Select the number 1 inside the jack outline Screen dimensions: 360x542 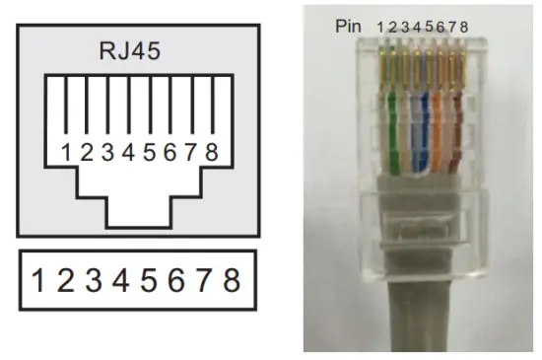pos(65,153)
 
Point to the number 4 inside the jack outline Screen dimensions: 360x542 pos(126,153)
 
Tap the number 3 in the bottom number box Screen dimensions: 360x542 pos(94,281)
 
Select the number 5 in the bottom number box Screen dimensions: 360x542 pos(149,281)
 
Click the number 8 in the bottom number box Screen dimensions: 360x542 pos(232,281)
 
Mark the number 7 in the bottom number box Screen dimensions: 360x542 pos(204,281)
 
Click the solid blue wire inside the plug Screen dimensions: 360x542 pos(415,128)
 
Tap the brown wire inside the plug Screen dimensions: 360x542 pos(456,133)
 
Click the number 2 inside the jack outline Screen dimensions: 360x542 pos(86,153)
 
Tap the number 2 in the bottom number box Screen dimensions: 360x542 pos(65,281)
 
